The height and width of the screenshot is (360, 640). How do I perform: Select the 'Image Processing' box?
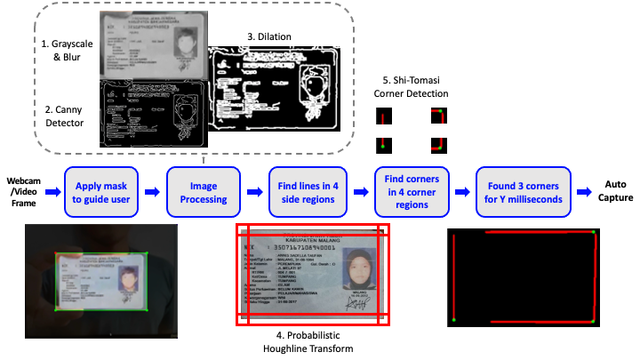(204, 191)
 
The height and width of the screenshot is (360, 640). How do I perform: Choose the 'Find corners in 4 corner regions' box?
(412, 191)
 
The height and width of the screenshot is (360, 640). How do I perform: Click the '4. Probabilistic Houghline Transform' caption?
(308, 341)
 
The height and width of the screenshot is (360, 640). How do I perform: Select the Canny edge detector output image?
(153, 113)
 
